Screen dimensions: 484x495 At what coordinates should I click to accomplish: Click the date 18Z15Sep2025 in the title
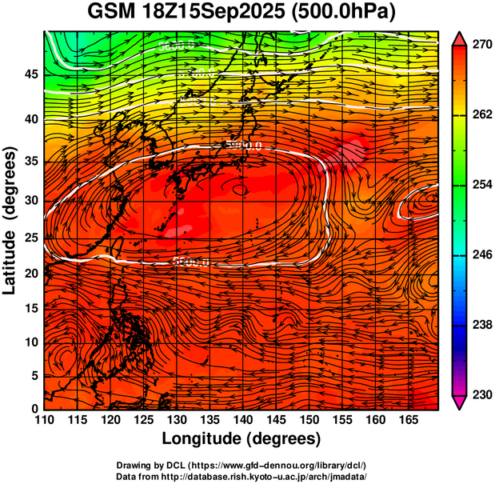point(211,12)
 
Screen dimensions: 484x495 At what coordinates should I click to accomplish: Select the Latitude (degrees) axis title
point(10,220)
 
